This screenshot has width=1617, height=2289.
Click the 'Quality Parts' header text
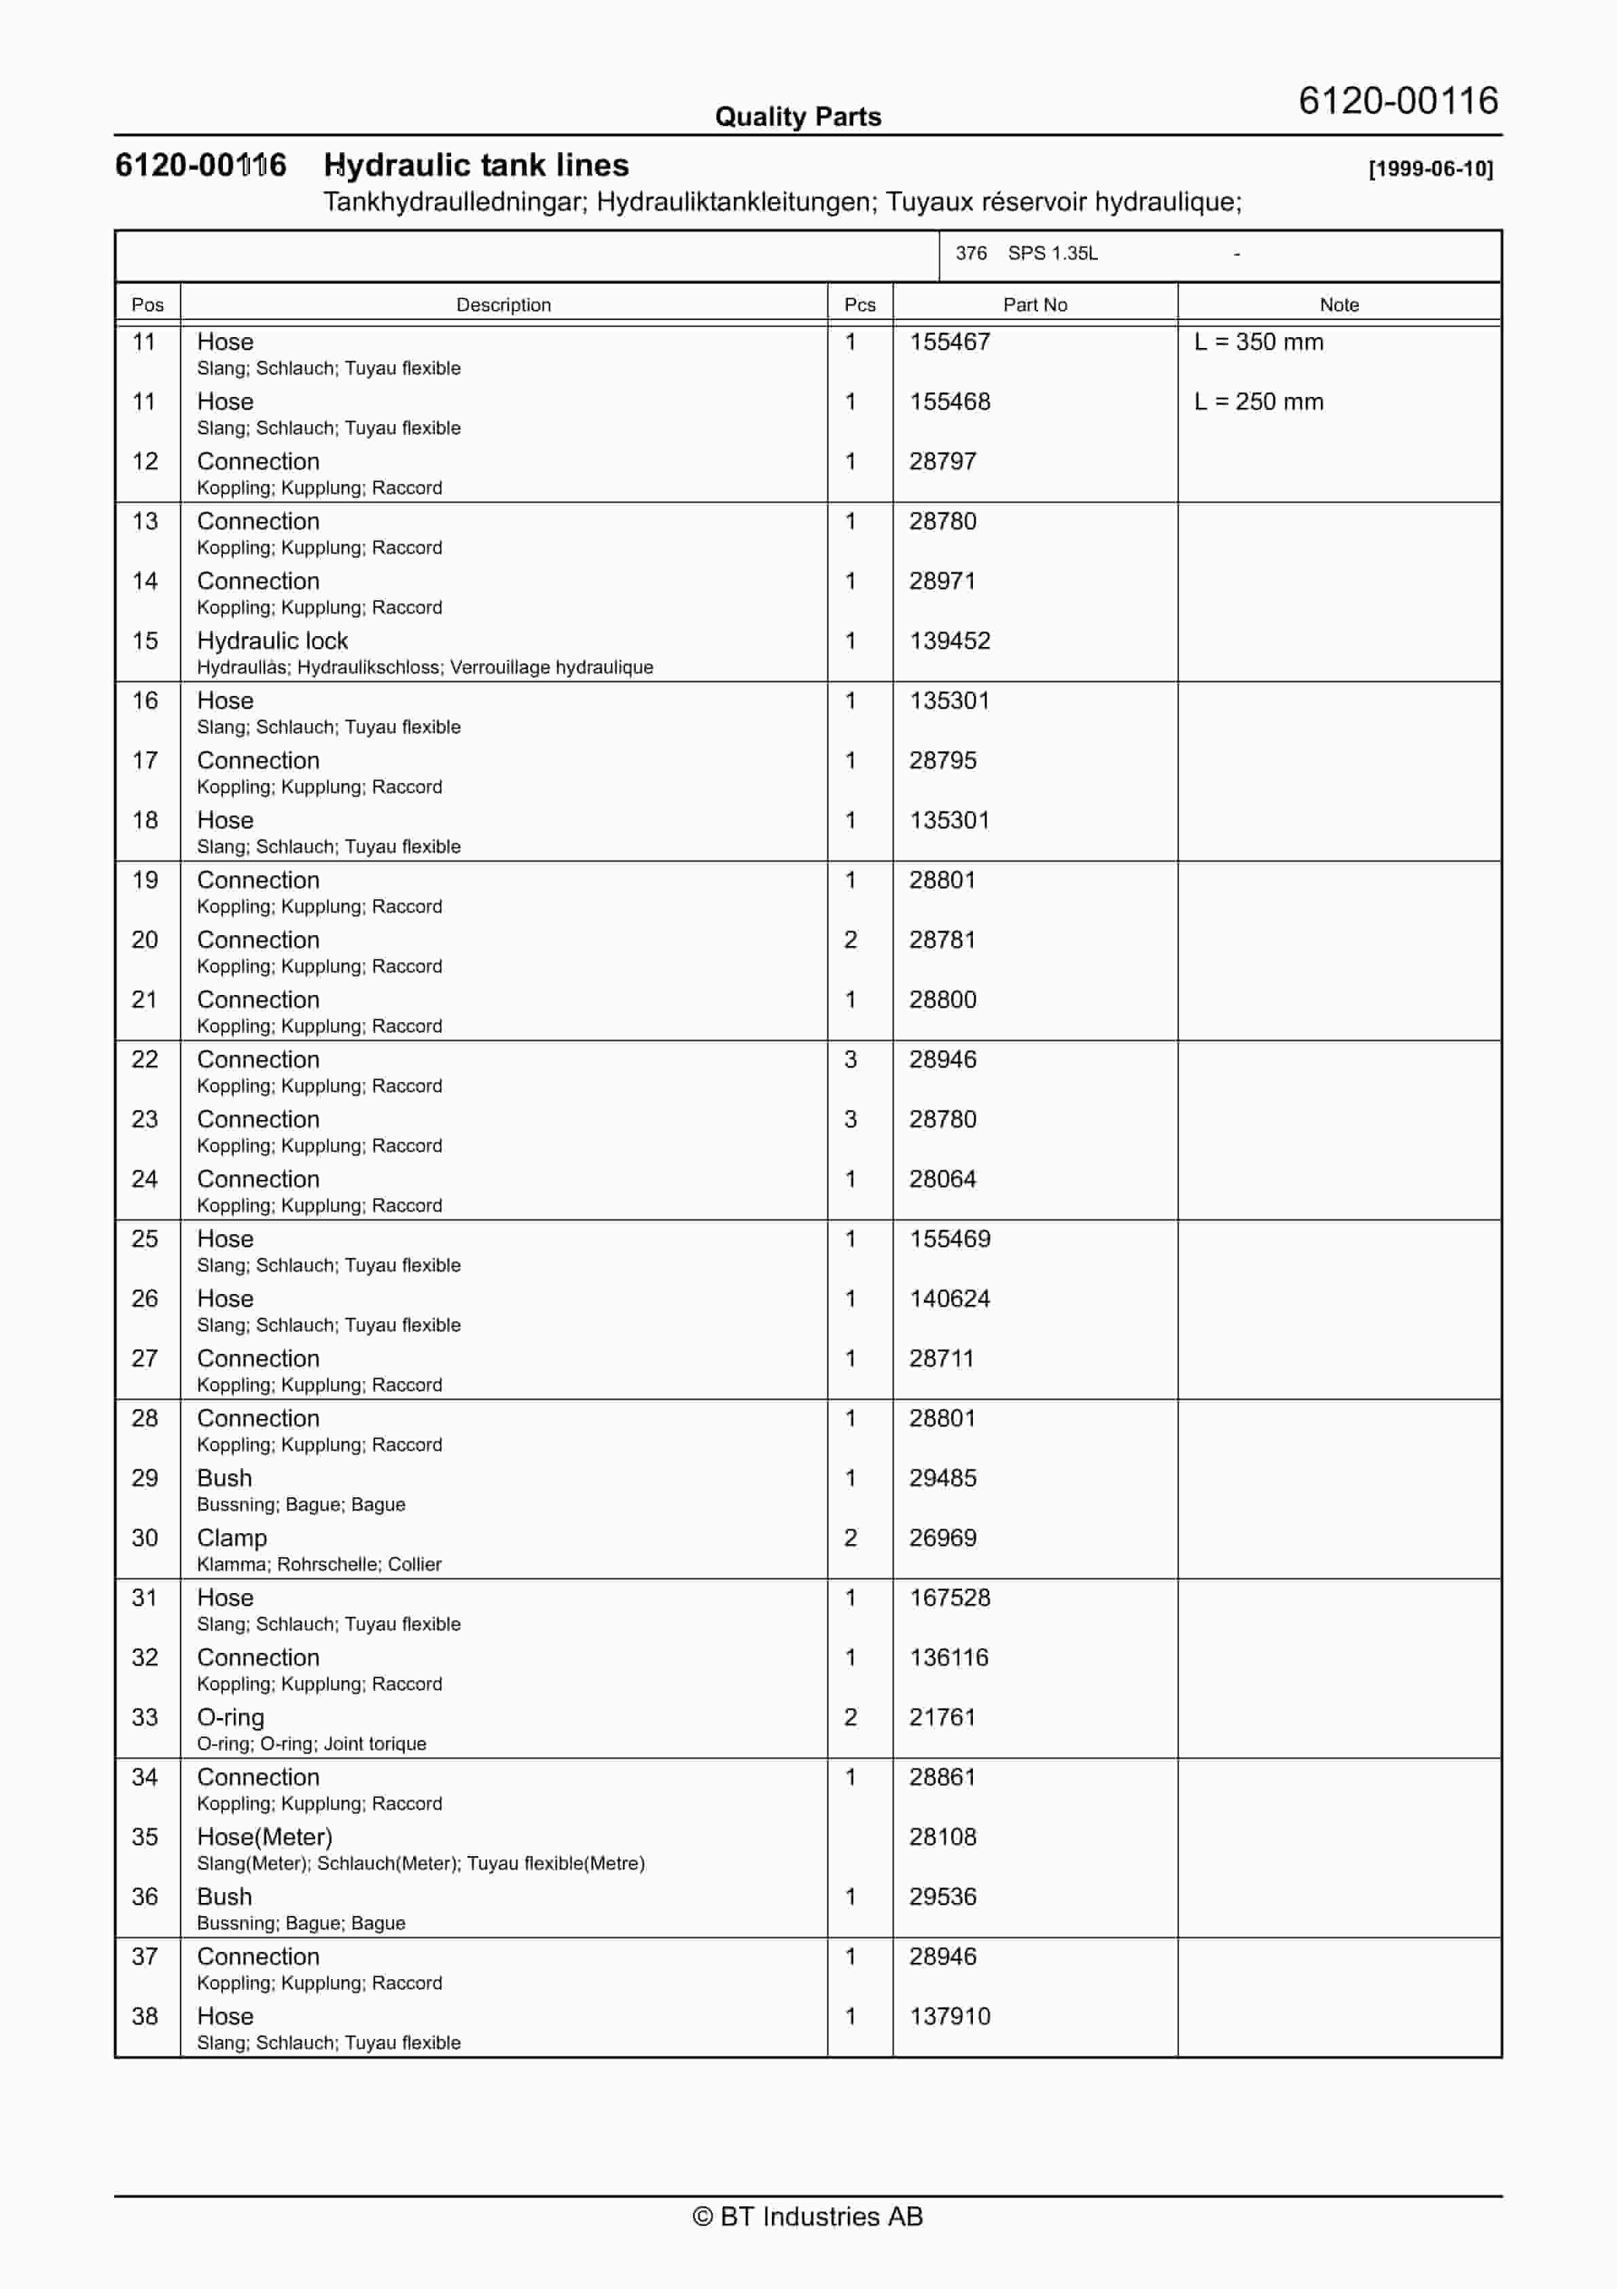point(798,117)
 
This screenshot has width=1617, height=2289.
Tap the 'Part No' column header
point(1034,305)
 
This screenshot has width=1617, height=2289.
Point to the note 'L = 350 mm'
point(1258,342)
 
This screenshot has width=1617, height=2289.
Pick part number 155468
point(949,402)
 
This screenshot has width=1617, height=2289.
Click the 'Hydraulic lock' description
point(272,641)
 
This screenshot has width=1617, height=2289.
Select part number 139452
point(949,641)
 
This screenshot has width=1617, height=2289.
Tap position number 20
point(145,940)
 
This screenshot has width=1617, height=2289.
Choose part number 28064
point(942,1179)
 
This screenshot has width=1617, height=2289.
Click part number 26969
point(942,1538)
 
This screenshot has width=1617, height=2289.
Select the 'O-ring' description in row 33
point(230,1717)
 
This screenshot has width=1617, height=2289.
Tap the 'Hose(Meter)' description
point(264,1837)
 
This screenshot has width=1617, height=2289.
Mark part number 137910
point(949,2017)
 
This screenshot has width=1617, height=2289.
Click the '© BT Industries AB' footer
point(808,2216)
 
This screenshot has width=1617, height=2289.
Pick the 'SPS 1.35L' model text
point(1052,254)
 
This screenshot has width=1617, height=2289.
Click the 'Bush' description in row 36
point(224,1898)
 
